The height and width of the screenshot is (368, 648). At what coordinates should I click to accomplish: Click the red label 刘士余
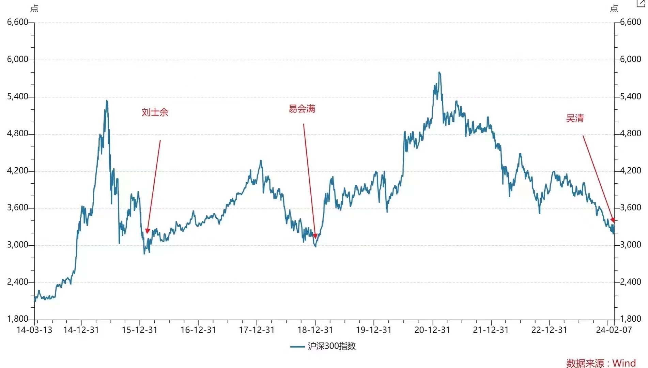coord(155,112)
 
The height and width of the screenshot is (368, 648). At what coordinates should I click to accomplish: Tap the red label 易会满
coord(302,109)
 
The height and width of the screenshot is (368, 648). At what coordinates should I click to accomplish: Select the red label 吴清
coord(575,118)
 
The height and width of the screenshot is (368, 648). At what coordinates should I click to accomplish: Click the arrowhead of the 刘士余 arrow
coord(147,231)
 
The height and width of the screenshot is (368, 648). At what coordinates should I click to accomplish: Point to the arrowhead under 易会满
coord(315,236)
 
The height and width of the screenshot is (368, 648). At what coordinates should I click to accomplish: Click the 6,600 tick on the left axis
coord(18,22)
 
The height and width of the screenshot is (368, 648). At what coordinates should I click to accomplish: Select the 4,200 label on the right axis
coord(630,170)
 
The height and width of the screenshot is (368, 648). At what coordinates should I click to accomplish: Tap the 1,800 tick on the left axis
coord(18,319)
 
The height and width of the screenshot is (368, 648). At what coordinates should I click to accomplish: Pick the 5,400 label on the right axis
coord(630,96)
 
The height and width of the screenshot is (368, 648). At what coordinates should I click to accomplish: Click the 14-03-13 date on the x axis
coord(34,330)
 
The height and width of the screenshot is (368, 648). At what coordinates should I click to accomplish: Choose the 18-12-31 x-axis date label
coord(315,330)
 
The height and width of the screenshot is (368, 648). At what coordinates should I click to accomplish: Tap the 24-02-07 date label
coord(614,330)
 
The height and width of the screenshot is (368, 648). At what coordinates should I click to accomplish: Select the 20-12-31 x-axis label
coord(432,330)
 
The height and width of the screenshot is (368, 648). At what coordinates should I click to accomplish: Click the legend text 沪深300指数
coord(331,346)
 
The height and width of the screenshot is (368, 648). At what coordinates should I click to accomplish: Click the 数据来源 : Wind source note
coord(601,363)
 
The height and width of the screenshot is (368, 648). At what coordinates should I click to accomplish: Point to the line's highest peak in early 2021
coord(439,72)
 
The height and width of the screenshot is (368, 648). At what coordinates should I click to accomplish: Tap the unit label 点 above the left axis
coord(34,9)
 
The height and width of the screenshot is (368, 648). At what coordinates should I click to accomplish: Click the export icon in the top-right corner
coord(641,3)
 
